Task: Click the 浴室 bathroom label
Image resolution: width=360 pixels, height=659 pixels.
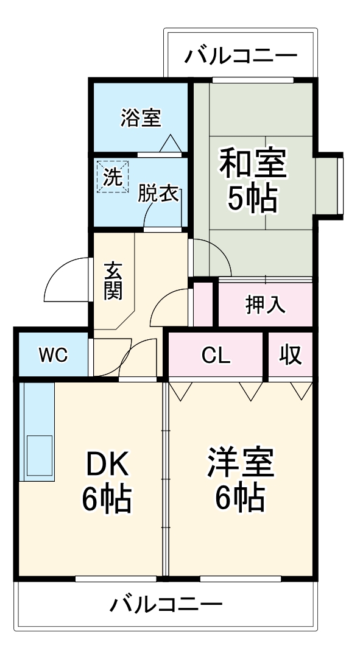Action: [x=141, y=118]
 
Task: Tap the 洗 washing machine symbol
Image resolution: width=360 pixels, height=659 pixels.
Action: [x=112, y=177]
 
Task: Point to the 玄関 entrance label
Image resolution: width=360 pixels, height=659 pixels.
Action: [x=113, y=280]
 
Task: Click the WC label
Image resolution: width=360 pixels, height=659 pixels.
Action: [x=53, y=355]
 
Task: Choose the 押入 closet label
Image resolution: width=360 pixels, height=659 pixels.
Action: [x=265, y=304]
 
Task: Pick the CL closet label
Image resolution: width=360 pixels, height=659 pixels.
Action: [x=216, y=355]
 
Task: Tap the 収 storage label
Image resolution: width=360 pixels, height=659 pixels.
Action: [x=291, y=355]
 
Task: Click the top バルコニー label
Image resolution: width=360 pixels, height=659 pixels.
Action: [x=241, y=57]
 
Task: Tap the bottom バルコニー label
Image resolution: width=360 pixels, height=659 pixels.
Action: [x=166, y=605]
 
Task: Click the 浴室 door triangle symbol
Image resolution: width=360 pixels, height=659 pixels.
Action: [x=170, y=144]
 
